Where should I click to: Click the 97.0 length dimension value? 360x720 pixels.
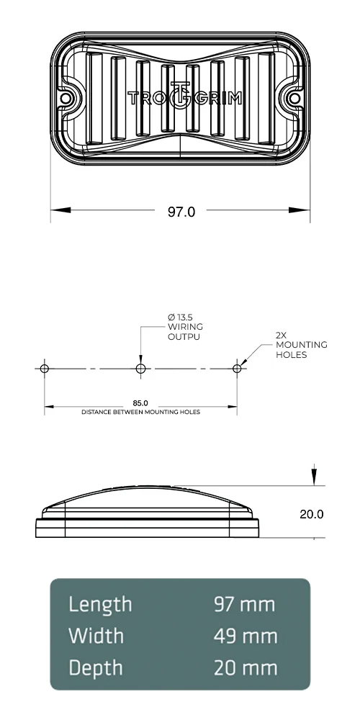pos(181,212)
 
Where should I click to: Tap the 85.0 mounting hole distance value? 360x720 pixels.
pos(140,402)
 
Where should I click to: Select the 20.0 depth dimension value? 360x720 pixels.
pos(311,514)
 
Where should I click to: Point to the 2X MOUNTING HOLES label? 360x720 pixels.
pos(301,345)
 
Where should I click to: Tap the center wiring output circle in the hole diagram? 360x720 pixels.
pos(140,369)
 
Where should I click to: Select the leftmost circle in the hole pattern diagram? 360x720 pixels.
pos(45,369)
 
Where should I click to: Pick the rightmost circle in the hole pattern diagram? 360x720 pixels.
pos(237,369)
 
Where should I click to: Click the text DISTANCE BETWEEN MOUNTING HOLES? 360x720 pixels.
pos(140,413)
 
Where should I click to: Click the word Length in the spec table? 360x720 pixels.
pos(100,604)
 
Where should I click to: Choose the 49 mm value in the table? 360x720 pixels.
pos(245,636)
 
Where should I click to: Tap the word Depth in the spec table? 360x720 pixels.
pos(96,668)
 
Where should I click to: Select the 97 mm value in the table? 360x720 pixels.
pos(245,604)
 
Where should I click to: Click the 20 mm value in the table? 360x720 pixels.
pos(245,668)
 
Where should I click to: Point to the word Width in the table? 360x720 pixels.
pos(96,636)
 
